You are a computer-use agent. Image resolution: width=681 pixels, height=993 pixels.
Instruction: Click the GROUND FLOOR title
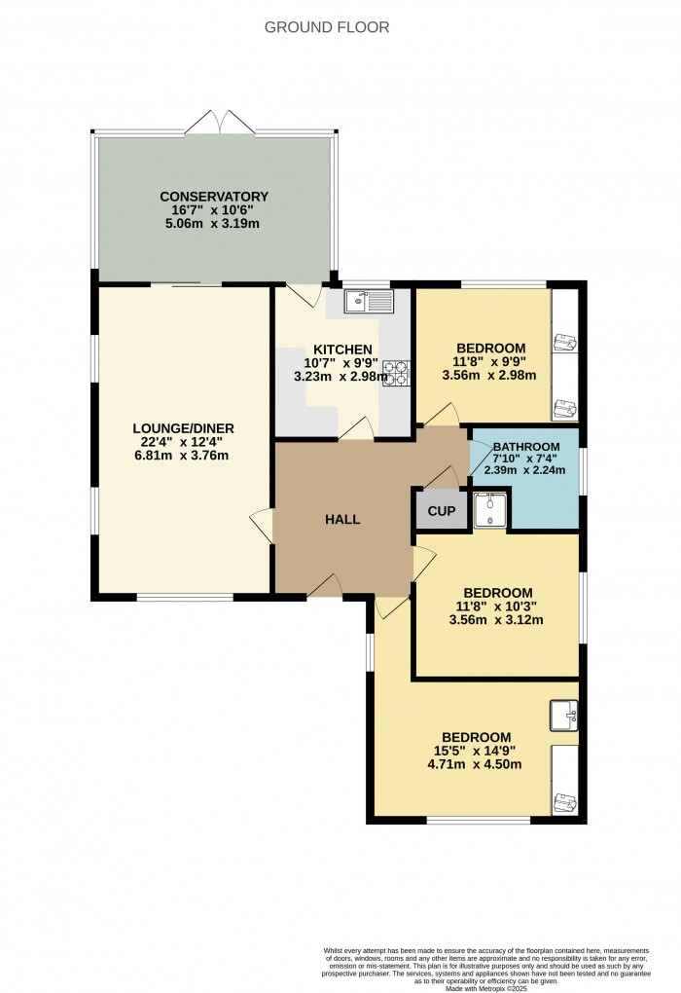pyautogui.click(x=327, y=27)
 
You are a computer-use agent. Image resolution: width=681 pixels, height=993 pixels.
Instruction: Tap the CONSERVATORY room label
pyautogui.click(x=214, y=197)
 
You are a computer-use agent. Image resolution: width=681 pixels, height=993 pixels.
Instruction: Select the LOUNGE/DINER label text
pyautogui.click(x=184, y=428)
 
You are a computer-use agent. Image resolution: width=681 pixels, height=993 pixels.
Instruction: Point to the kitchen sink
pyautogui.click(x=368, y=302)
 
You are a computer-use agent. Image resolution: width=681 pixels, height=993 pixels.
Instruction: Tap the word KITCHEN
pyautogui.click(x=341, y=349)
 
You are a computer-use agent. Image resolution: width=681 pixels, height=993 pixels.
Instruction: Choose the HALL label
pyautogui.click(x=342, y=519)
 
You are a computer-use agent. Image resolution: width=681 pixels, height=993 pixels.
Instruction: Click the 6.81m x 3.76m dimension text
pyautogui.click(x=184, y=456)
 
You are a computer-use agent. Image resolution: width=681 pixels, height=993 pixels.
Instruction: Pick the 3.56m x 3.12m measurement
pyautogui.click(x=497, y=621)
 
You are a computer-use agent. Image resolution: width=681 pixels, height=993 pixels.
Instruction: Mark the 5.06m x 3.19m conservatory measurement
pyautogui.click(x=214, y=224)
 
